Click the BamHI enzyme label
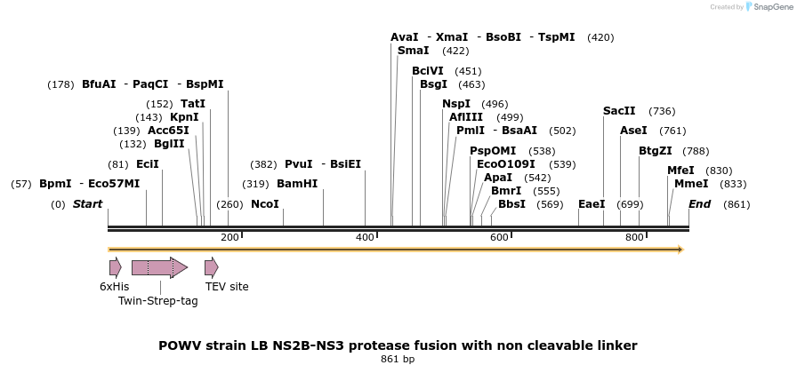297,184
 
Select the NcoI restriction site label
265,203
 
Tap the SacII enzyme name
619,111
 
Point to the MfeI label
681,171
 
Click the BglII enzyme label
169,144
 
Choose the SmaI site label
414,51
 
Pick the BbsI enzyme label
511,203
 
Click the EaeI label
592,203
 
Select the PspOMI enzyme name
493,151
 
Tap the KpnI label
184,117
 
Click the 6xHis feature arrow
115,267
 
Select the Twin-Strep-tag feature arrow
159,267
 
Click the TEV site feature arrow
211,267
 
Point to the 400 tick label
365,238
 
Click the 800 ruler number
634,238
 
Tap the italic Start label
87,203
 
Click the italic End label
700,203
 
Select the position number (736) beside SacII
662,111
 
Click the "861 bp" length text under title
397,359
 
